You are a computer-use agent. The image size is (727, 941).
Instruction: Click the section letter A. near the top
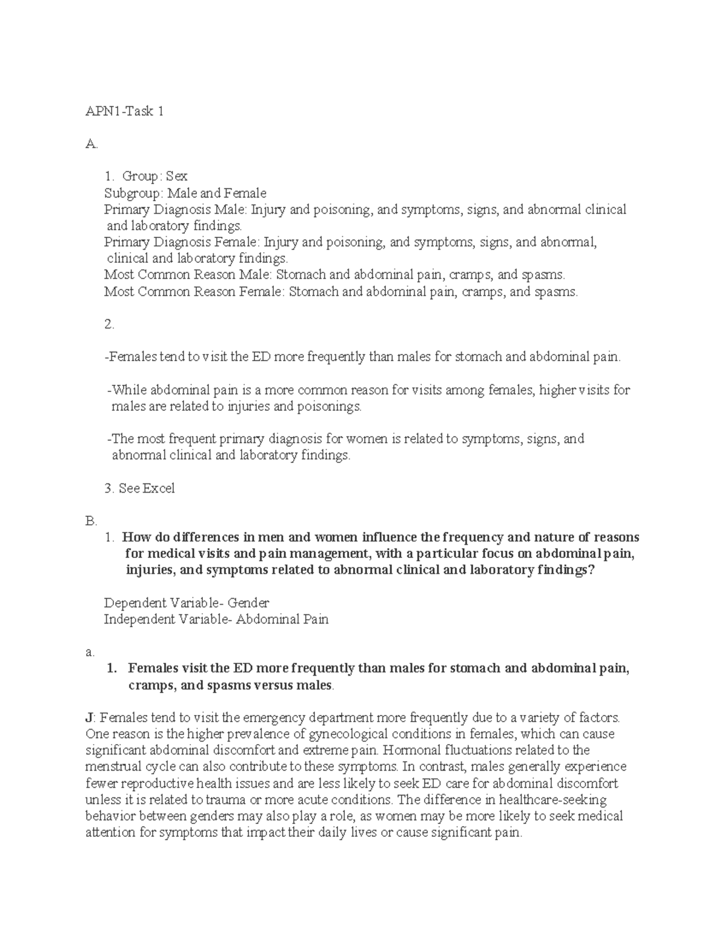tap(91, 144)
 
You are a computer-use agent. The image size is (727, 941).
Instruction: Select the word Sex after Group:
tap(177, 176)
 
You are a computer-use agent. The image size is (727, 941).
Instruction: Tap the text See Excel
tap(147, 488)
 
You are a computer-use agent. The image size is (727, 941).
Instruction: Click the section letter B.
tap(91, 520)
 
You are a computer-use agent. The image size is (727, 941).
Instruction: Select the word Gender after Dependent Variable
tap(248, 603)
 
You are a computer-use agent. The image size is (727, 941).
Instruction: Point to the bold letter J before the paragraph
tap(89, 718)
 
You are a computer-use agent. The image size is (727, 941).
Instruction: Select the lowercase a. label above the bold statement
tap(90, 652)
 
